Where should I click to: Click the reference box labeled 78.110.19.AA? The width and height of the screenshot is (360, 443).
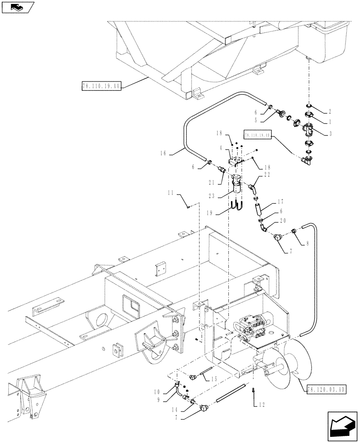click(101, 85)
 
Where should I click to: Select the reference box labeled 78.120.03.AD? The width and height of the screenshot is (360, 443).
click(326, 389)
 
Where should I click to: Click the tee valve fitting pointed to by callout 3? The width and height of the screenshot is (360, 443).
click(309, 132)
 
